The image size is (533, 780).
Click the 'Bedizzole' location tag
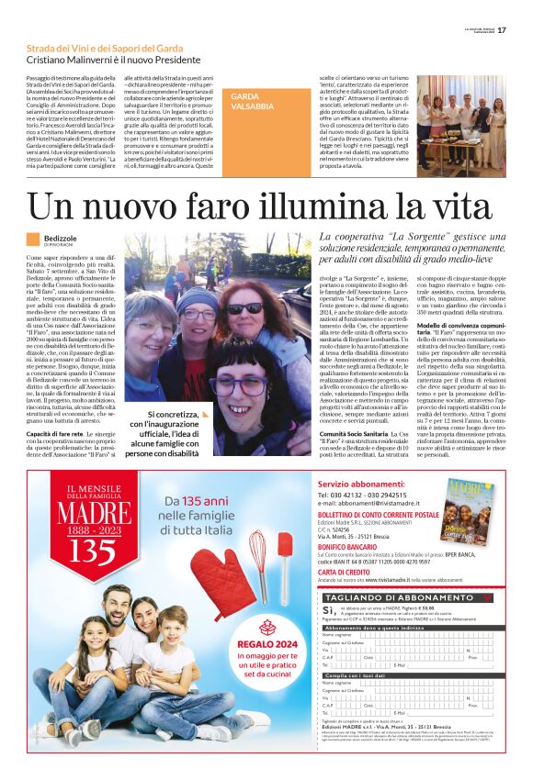pos(61,239)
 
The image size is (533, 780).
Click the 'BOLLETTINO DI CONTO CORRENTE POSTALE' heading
pos(378,515)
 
